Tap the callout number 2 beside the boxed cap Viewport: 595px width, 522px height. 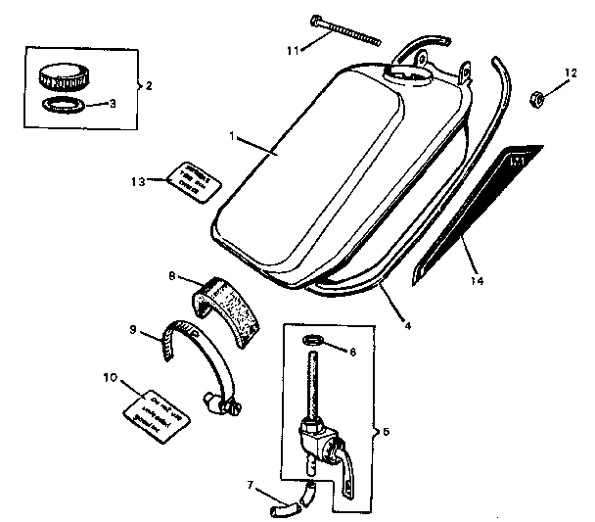[150, 85]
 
